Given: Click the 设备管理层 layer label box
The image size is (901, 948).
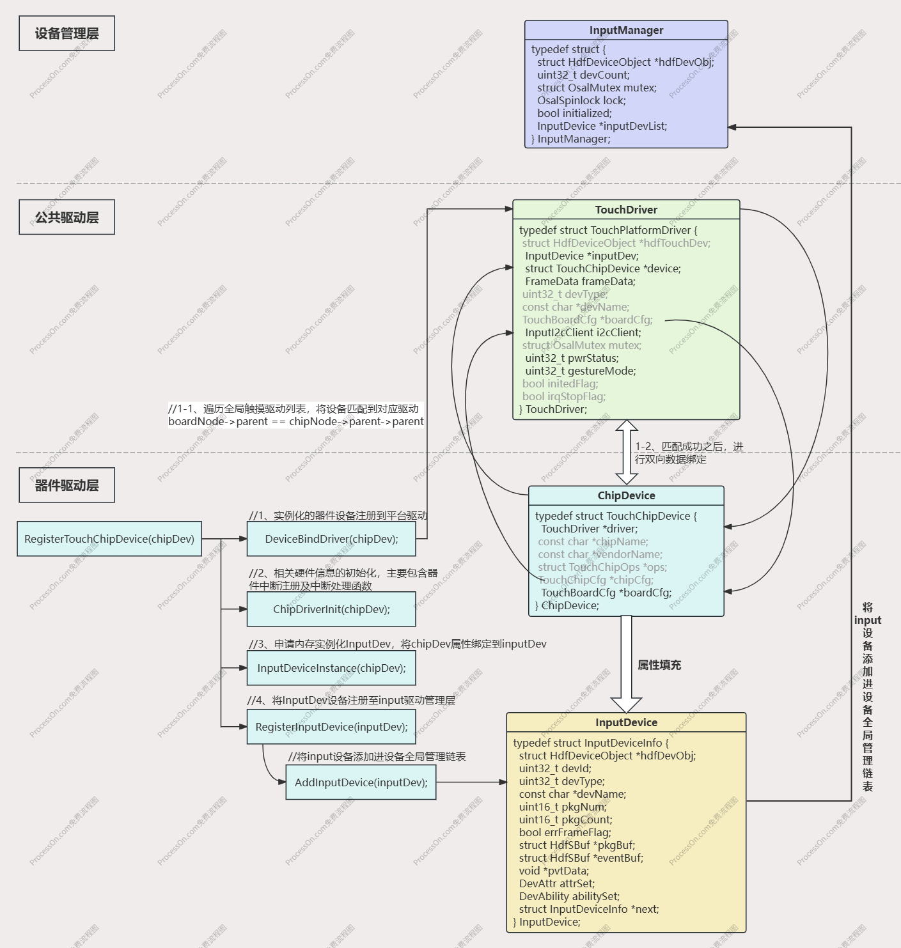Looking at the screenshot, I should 67,33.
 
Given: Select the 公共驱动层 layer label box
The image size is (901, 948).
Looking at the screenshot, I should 67,217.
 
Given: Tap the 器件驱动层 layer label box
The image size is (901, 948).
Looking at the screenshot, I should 67,485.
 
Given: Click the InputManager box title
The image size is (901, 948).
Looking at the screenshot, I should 626,30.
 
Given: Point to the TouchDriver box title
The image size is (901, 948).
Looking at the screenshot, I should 626,210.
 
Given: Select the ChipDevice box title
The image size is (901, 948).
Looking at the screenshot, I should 626,495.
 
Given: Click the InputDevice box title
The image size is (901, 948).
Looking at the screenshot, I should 626,722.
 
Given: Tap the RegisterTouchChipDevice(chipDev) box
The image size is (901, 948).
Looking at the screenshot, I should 109,539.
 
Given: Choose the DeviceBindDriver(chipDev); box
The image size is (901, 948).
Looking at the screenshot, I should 331,539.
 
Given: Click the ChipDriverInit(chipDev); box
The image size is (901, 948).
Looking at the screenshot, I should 331,609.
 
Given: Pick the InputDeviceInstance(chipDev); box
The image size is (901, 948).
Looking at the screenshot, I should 331,668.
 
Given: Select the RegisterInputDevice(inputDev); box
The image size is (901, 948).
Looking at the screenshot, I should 331,727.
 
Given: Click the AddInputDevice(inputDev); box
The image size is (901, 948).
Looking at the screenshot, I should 361,782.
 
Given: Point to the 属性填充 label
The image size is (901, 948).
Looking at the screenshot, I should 659,665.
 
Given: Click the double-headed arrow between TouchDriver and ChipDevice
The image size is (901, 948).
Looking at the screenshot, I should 627,452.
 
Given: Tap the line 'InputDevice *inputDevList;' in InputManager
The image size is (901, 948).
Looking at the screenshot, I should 602,126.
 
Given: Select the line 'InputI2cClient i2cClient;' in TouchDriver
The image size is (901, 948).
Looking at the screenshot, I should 583,332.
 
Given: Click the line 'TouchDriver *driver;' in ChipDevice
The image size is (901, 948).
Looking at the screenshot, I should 589,529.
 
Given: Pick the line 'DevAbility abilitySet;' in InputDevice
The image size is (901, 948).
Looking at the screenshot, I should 569,896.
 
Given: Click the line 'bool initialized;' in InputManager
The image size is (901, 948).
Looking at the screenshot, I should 574,113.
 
